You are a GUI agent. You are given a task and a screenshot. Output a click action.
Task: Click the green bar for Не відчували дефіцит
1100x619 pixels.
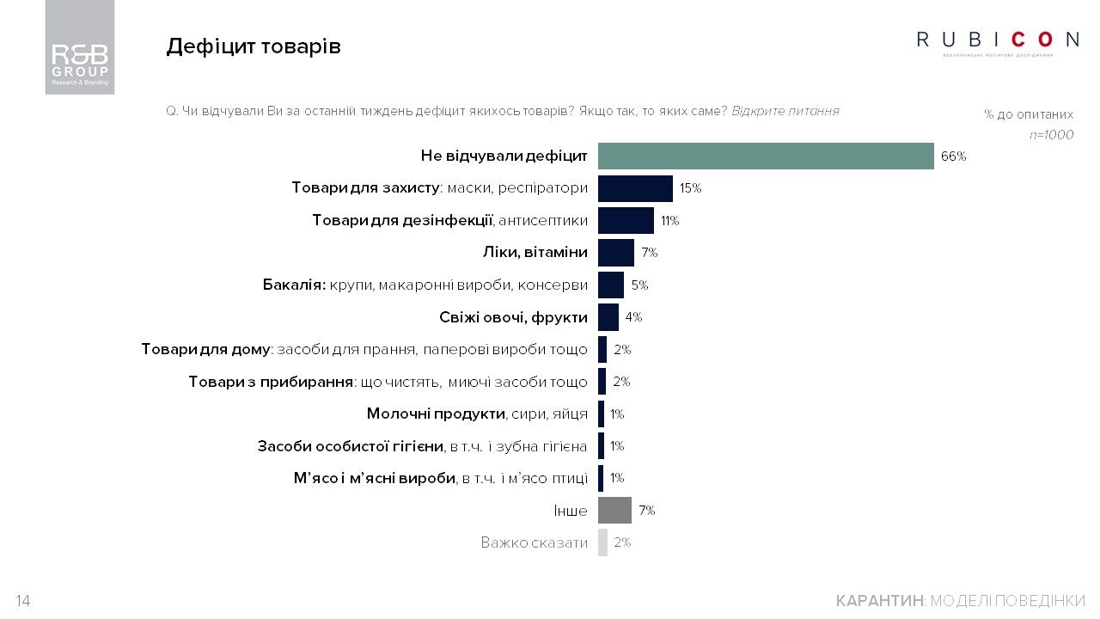pos(765,156)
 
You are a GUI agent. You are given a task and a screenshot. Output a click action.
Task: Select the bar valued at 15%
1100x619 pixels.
pos(635,188)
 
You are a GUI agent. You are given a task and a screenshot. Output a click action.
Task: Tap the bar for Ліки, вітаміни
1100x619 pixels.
pos(615,253)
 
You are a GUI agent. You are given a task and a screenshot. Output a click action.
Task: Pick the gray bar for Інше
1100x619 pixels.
pos(614,511)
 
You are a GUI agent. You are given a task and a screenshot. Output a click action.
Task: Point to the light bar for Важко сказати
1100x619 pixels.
pos(602,542)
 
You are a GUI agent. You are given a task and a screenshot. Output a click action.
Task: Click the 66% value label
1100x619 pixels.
pos(953,156)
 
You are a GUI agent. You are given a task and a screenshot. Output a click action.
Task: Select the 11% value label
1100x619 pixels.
pos(669,221)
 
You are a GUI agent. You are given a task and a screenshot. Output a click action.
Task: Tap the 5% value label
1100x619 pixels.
pos(639,285)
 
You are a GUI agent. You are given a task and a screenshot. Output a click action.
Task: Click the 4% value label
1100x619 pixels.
pos(633,317)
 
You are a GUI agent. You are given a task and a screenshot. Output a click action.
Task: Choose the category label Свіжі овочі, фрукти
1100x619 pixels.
pos(513,317)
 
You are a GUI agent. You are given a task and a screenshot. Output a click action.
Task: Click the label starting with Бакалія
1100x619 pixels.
pos(425,285)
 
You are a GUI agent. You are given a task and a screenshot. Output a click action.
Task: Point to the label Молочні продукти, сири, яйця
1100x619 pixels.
pos(477,414)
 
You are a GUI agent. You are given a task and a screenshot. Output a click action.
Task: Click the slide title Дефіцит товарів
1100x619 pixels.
pos(254,46)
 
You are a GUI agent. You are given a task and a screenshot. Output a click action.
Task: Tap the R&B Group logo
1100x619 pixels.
pos(80,47)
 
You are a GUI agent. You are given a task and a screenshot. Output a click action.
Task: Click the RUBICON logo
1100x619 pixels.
pos(998,40)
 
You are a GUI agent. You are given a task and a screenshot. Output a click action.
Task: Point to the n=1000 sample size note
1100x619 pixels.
pos(1051,135)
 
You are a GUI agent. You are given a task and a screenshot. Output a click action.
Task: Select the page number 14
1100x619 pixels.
pos(23,601)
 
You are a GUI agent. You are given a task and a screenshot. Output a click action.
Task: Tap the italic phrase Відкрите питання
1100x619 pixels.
pos(785,111)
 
